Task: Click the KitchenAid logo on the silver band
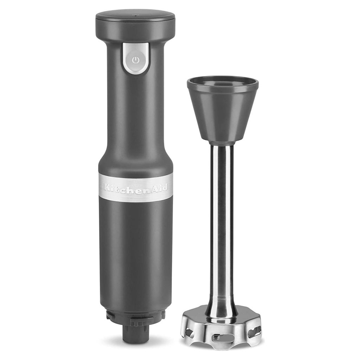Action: pyautogui.click(x=136, y=187)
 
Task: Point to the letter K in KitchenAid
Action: pyautogui.click(x=107, y=187)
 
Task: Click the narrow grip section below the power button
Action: pyautogui.click(x=135, y=103)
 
